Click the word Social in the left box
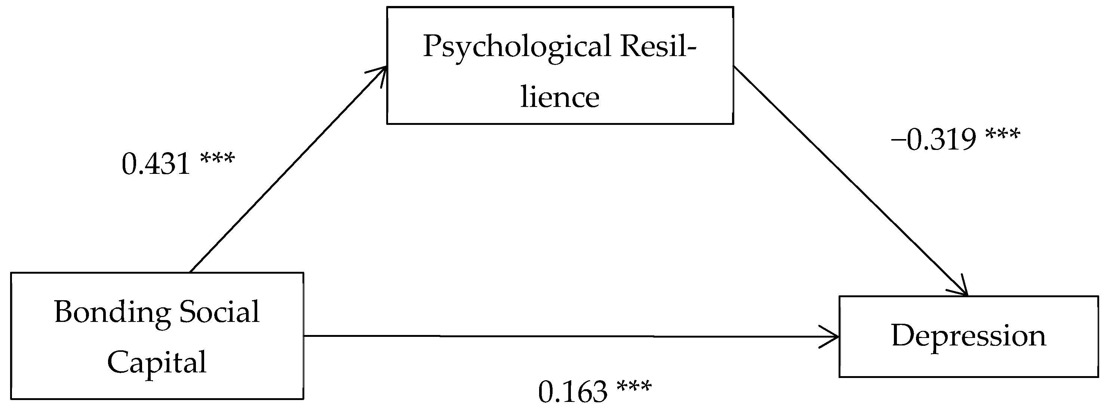pyautogui.click(x=219, y=312)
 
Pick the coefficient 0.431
pyautogui.click(x=156, y=164)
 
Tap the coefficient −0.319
pyautogui.click(x=933, y=140)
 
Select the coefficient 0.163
pyautogui.click(x=573, y=392)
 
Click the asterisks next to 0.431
pyautogui.click(x=217, y=158)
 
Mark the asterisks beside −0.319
pyautogui.click(x=1003, y=134)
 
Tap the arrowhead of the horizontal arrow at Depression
pyautogui.click(x=832, y=336)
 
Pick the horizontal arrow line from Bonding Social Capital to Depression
pyautogui.click(x=562, y=336)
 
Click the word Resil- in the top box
pyautogui.click(x=658, y=47)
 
